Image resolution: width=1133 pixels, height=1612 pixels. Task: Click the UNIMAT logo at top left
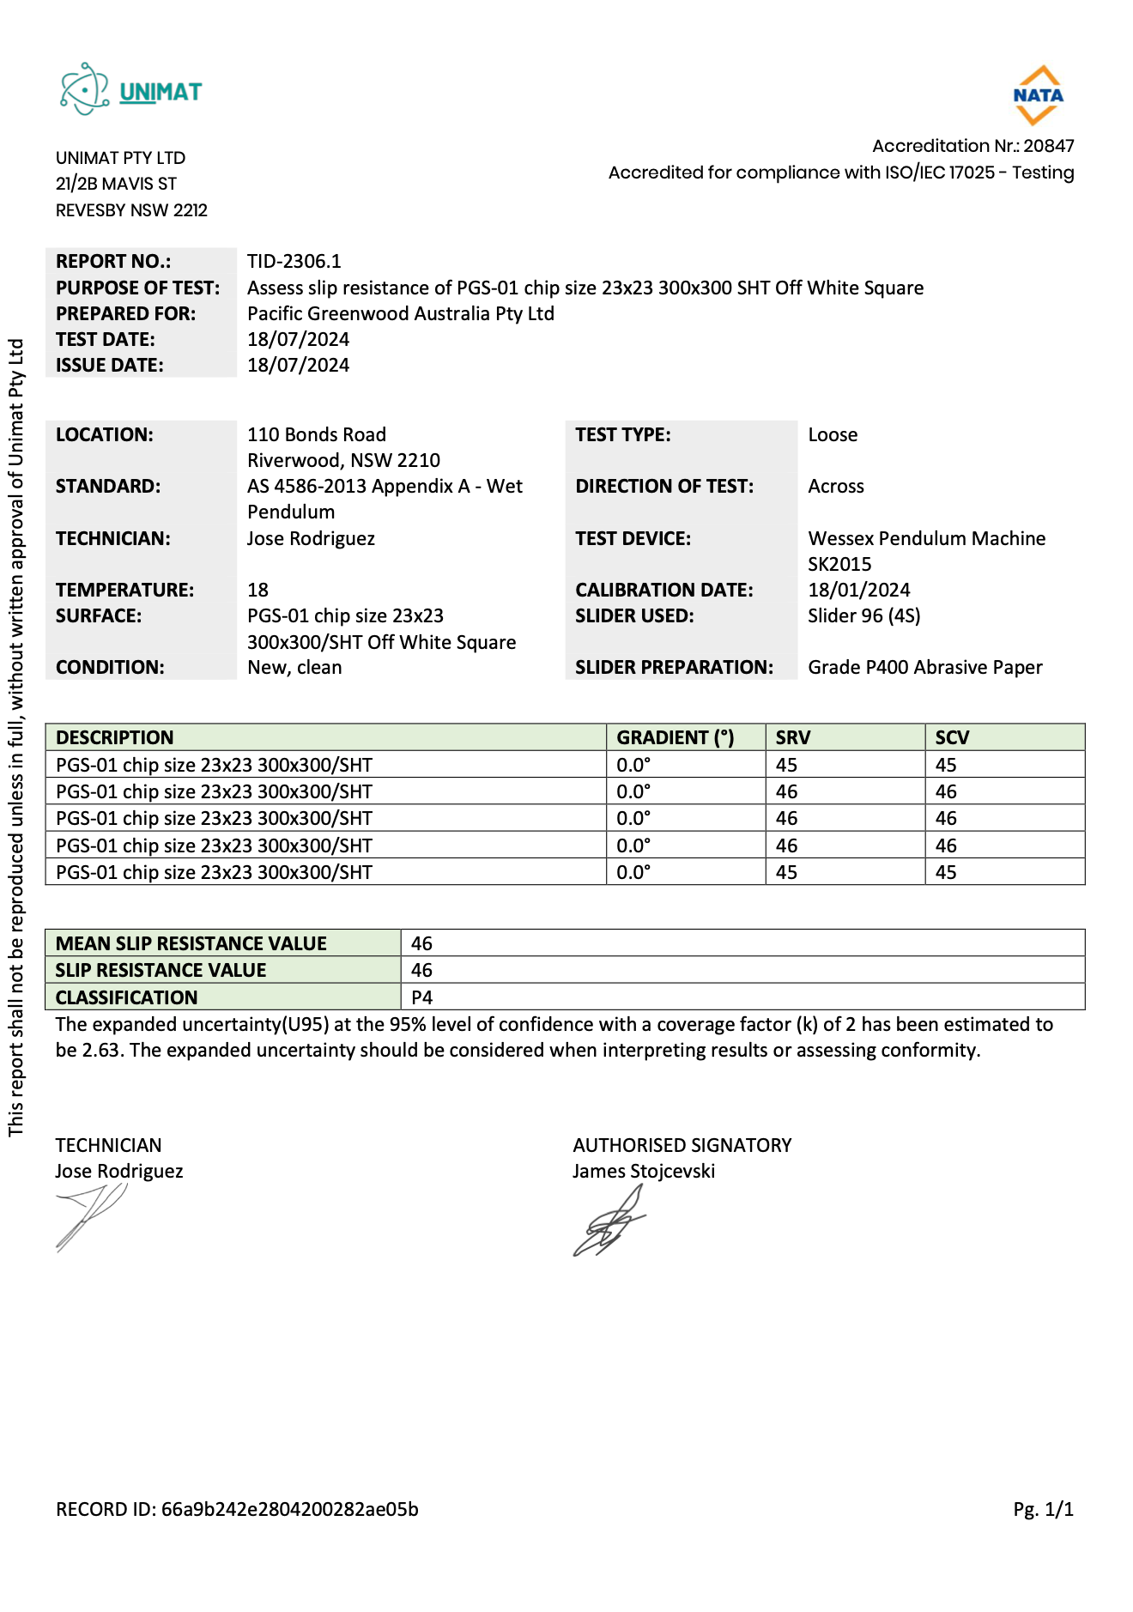(130, 90)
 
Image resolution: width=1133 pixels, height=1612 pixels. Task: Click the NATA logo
(1038, 95)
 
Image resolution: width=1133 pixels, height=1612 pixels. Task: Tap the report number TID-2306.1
(294, 261)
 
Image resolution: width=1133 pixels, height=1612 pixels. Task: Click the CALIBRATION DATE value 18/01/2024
(858, 590)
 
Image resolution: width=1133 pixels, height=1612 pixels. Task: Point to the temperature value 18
(257, 590)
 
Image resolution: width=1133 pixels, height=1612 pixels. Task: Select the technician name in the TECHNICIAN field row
(311, 538)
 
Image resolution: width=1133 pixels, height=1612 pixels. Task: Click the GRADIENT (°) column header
(675, 737)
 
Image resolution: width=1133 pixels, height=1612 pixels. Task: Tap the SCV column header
(952, 737)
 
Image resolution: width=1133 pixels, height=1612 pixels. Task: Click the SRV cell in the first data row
(786, 765)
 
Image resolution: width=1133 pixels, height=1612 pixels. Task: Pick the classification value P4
(421, 997)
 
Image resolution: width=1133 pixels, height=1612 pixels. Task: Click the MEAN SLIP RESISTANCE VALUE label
(191, 943)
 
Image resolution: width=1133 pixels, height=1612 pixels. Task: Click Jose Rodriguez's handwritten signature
(90, 1215)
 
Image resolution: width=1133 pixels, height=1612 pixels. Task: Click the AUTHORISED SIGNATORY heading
(682, 1145)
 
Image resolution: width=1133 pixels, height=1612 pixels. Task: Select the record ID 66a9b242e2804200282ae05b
(289, 1509)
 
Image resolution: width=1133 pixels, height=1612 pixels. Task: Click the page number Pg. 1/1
(1043, 1509)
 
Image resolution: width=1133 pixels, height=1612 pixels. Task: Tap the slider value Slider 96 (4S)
(863, 615)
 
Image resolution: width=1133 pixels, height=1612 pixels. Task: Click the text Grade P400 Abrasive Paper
(924, 667)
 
